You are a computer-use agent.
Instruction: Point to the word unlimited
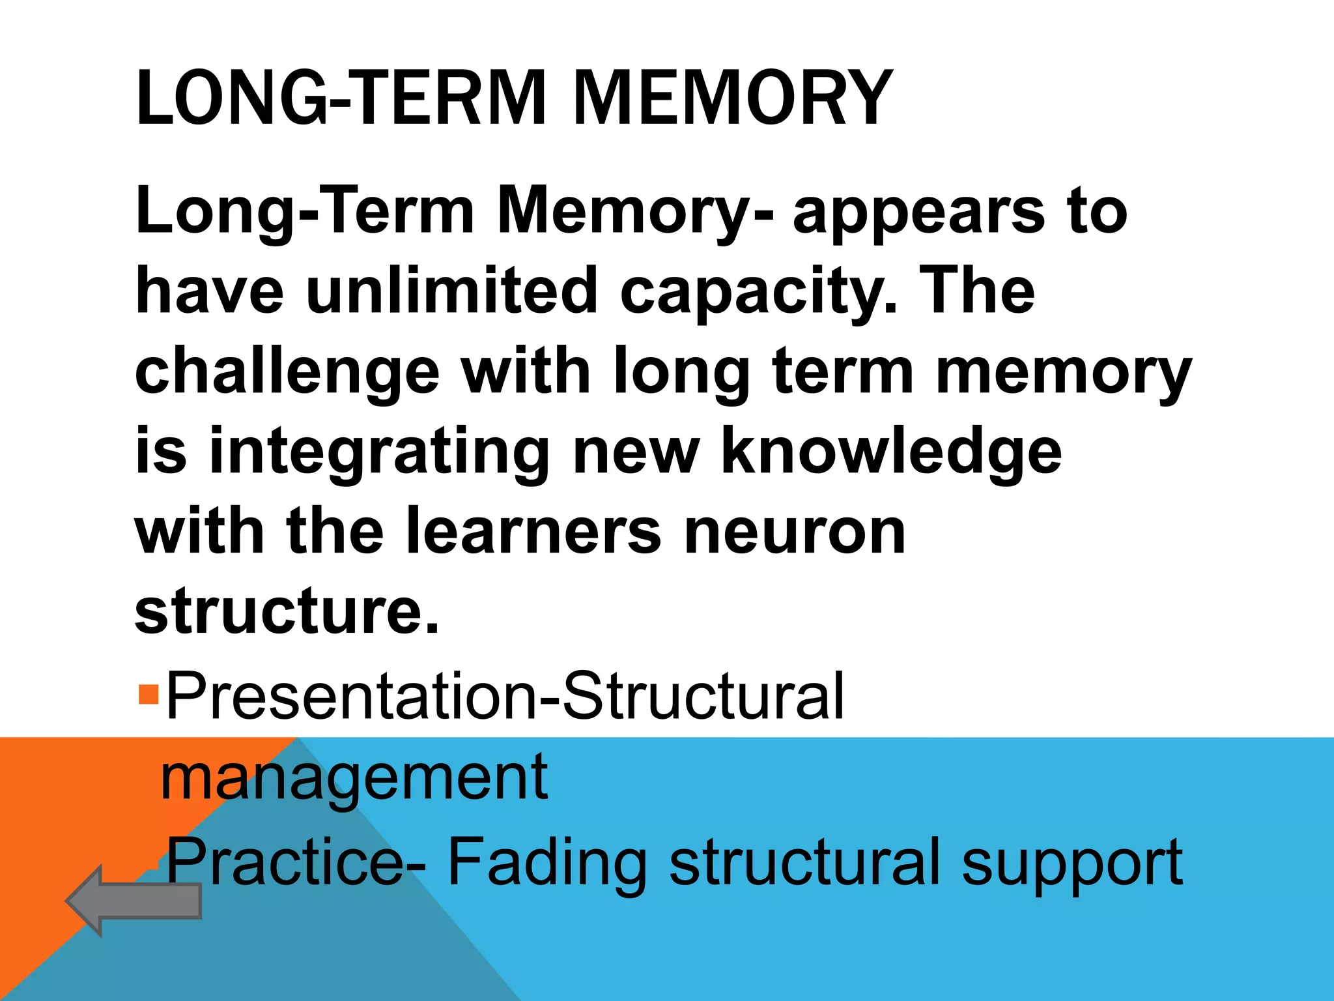point(451,291)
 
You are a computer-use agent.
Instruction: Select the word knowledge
point(892,452)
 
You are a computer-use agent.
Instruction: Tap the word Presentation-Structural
point(505,696)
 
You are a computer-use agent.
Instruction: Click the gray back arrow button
point(134,901)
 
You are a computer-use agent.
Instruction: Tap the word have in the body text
point(209,291)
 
